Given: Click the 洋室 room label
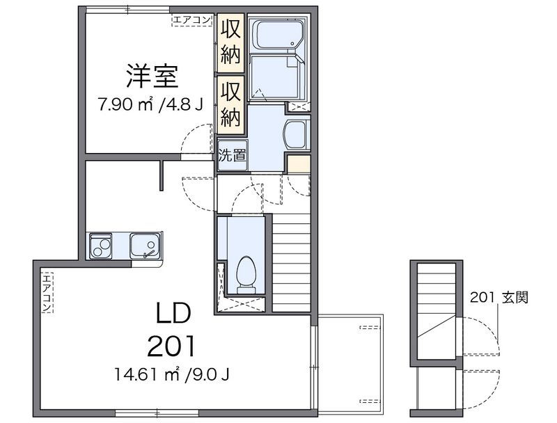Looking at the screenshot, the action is point(152,76).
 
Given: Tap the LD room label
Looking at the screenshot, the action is point(174,313).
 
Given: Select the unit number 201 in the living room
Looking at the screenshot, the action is point(171,346).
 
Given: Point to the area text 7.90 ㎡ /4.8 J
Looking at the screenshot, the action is point(151,104).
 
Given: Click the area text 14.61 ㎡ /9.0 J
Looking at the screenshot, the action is point(171,374).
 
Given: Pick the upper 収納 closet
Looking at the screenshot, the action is point(231,42).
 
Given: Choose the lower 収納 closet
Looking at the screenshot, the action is point(231,104).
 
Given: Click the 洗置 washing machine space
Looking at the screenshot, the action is point(232,155).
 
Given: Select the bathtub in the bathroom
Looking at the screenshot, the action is point(277,34).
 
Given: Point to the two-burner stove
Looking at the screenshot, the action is point(101,246).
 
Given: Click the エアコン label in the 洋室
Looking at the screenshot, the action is point(192,20).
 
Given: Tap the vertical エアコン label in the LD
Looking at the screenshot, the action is point(47,293).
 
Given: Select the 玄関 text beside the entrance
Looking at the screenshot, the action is point(515,297).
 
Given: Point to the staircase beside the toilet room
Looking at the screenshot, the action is point(291,263).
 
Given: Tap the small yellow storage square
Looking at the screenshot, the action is point(299,164).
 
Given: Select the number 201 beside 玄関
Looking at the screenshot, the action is point(483,297).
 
